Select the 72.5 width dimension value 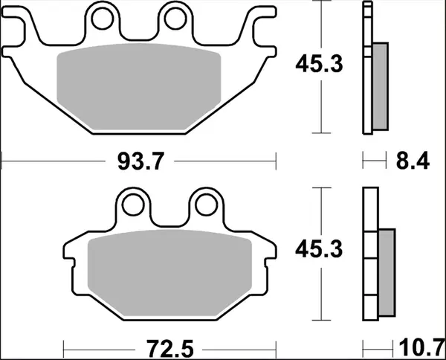pos(172,347)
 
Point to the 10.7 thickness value pos(418,347)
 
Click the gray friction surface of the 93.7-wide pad pos(140,82)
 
